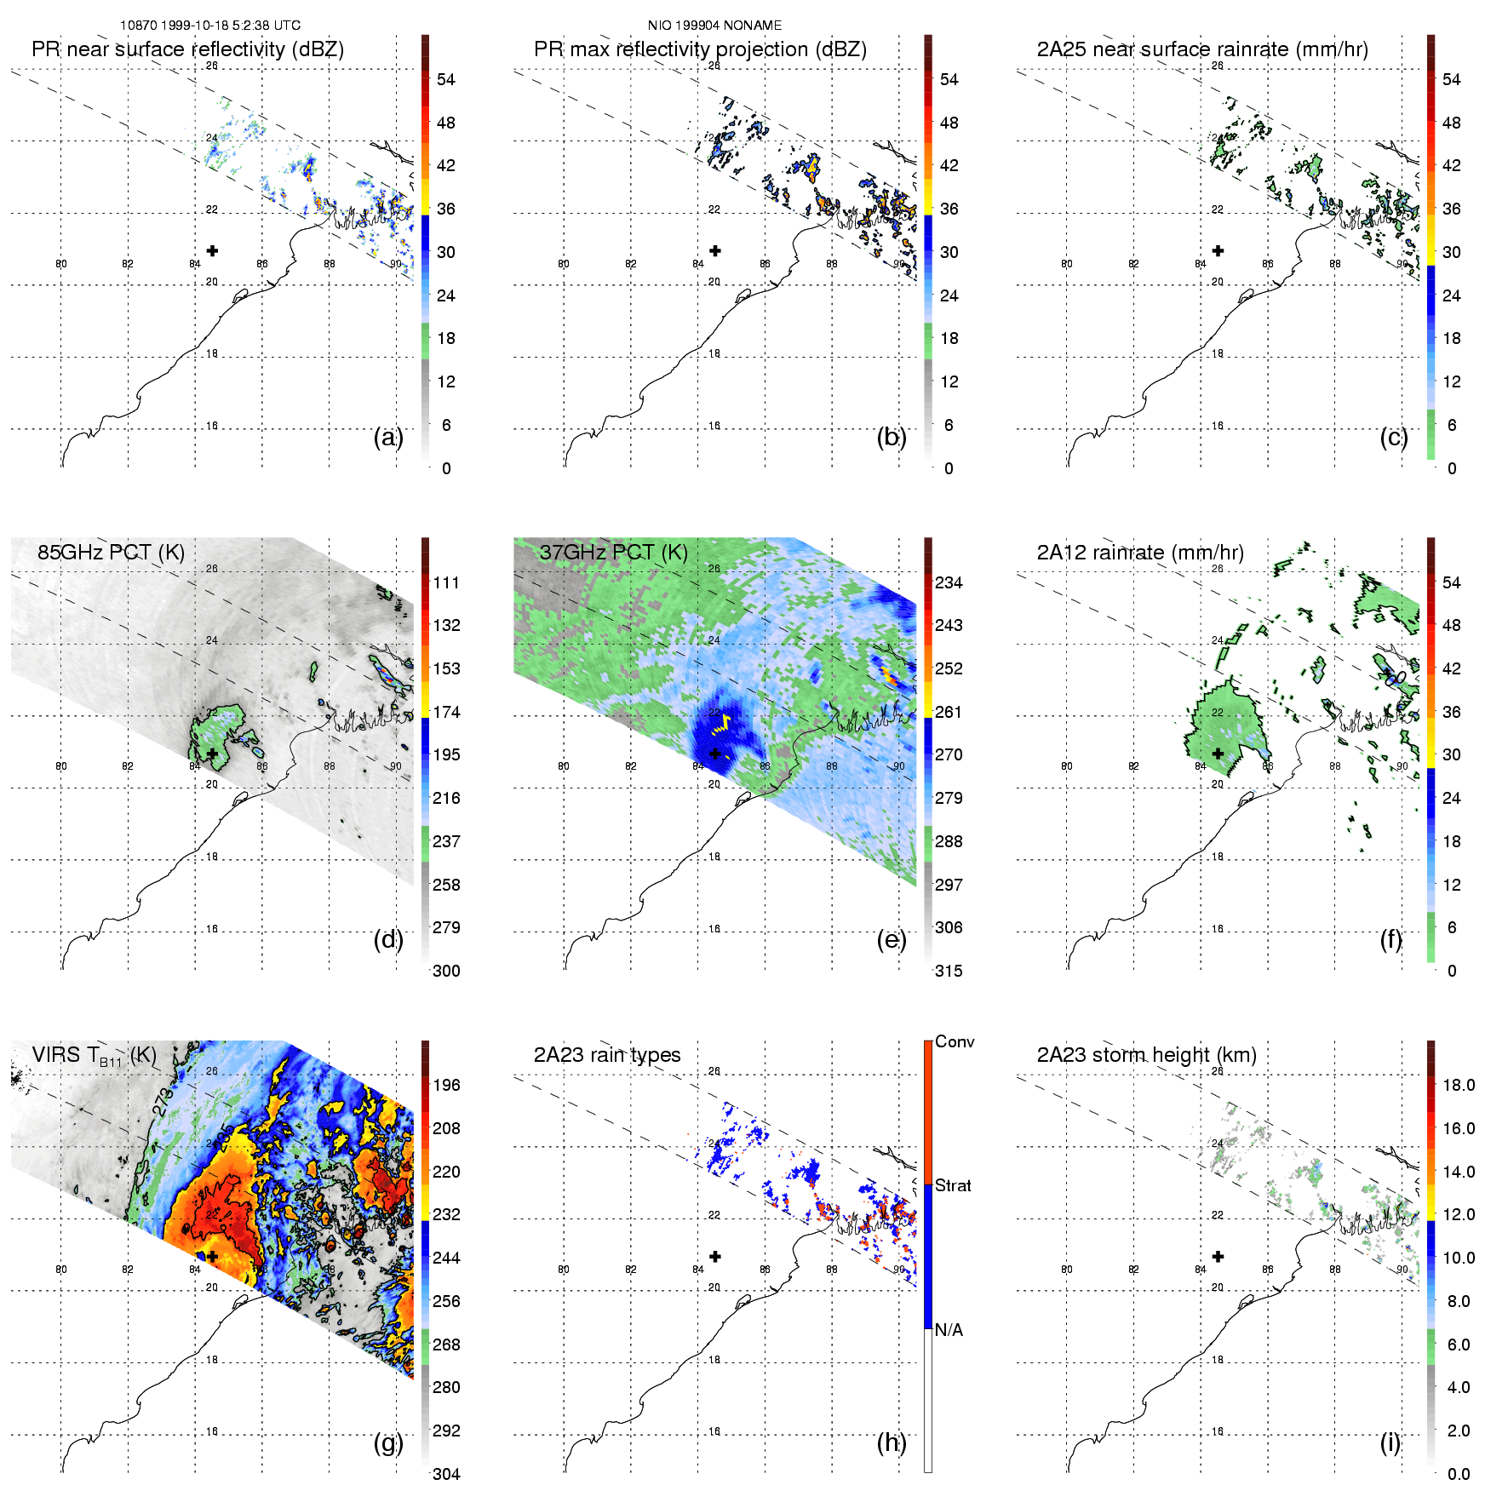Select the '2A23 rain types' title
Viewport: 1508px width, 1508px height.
[607, 1055]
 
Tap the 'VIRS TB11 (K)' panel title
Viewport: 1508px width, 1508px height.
[94, 1056]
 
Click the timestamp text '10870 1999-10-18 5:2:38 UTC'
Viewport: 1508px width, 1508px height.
[209, 26]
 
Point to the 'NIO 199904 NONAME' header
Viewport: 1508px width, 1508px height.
[714, 26]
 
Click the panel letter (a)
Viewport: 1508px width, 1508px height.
[388, 437]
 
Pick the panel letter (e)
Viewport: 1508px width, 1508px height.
[892, 939]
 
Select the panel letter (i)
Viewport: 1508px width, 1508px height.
[1390, 1442]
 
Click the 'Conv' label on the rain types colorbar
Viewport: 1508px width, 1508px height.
[955, 1042]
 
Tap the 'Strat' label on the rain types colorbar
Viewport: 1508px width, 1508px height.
[953, 1186]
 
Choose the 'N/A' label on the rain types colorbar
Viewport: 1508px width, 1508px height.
[949, 1330]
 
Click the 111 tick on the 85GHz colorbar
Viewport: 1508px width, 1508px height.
[446, 583]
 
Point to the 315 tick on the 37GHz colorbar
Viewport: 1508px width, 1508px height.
[949, 971]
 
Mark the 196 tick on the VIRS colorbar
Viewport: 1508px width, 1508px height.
[446, 1086]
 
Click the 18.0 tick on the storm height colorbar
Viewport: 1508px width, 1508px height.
[1458, 1086]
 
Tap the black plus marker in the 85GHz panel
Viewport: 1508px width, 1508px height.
[212, 754]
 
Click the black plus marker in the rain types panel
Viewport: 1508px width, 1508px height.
[715, 1256]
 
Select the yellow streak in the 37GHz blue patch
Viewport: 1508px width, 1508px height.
[722, 724]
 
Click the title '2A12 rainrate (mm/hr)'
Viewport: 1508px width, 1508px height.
[1140, 553]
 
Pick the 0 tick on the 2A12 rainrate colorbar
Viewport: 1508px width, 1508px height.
[1452, 971]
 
